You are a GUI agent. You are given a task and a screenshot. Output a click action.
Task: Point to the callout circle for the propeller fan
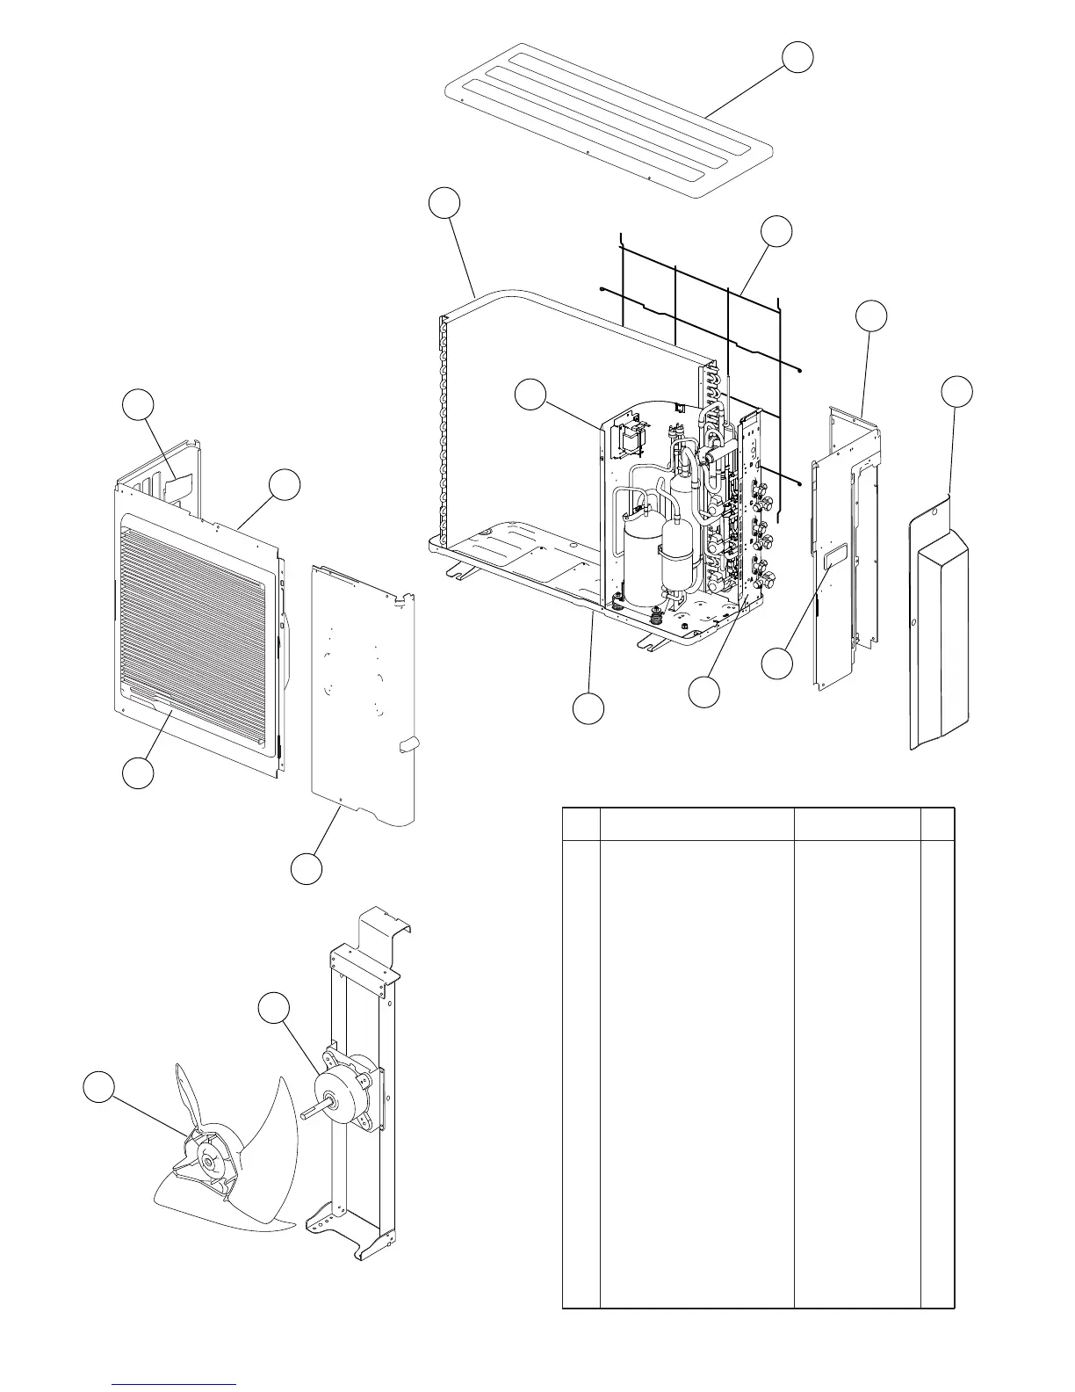click(98, 1086)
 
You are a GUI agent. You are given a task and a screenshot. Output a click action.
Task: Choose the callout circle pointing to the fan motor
click(275, 1008)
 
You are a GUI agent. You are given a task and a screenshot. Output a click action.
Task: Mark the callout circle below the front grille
click(138, 773)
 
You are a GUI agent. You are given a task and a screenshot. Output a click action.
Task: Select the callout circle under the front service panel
click(307, 868)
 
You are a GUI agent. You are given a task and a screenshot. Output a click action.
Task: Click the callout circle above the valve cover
click(956, 392)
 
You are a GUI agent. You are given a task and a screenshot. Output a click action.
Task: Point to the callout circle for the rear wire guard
click(776, 231)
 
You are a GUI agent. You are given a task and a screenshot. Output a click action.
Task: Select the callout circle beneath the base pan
click(588, 708)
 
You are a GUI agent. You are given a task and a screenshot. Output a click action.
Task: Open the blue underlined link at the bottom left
click(175, 1384)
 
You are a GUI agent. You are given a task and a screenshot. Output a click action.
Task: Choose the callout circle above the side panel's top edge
click(871, 316)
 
